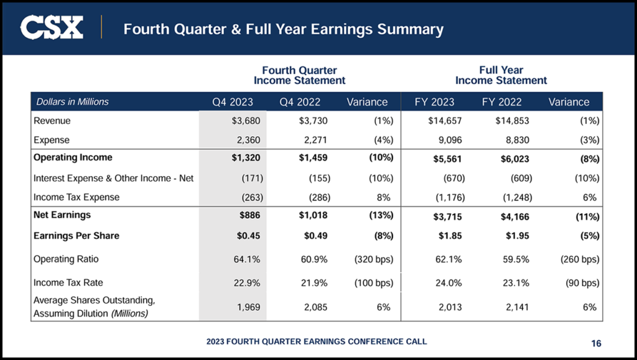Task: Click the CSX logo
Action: [52, 28]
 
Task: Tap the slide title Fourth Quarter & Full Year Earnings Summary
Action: [283, 29]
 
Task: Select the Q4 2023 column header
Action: [232, 102]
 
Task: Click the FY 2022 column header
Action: [501, 102]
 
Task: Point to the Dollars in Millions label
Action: [72, 102]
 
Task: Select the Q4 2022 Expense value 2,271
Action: [314, 140]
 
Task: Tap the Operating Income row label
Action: [73, 157]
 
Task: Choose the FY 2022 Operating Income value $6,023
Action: [516, 159]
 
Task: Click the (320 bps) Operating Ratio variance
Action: [373, 259]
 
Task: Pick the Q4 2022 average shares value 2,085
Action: [314, 307]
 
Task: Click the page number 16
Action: [596, 343]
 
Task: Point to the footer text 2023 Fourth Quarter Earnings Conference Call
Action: [317, 341]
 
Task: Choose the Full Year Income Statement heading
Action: [501, 75]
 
